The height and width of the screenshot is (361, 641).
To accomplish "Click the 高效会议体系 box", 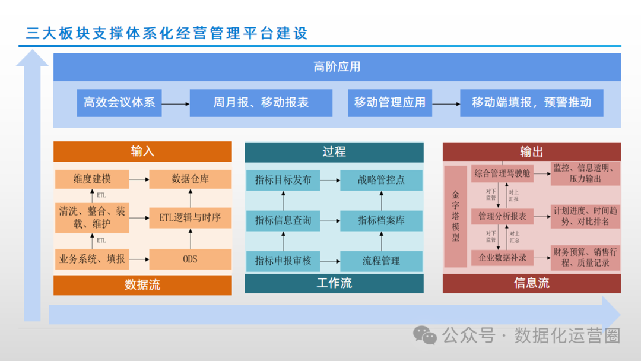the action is (x=119, y=103).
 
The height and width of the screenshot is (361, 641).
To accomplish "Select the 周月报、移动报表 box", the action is (x=261, y=103).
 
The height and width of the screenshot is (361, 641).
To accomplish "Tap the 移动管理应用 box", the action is (x=390, y=103).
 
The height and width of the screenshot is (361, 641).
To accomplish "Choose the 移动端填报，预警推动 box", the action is (x=532, y=103).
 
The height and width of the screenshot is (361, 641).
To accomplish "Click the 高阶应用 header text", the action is (x=337, y=66).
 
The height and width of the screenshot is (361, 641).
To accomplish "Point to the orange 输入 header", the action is (x=142, y=151).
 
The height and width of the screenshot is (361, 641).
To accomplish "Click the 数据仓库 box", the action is (x=191, y=179).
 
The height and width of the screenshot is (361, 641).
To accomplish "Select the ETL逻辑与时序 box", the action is (x=191, y=218).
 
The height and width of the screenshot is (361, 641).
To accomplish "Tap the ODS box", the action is (x=191, y=259).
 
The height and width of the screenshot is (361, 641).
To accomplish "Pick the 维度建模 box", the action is (x=92, y=179).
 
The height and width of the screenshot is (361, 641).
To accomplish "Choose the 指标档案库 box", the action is (x=381, y=220).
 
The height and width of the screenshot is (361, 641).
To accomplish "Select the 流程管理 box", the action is (x=381, y=261).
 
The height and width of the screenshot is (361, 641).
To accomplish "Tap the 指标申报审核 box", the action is (x=283, y=261).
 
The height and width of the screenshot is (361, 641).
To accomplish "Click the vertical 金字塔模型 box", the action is (x=456, y=217).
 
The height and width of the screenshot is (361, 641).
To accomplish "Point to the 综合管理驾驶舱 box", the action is (x=502, y=174).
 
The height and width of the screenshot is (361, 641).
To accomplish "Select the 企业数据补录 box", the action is (x=502, y=258).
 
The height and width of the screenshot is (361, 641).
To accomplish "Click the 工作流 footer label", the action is (x=334, y=283).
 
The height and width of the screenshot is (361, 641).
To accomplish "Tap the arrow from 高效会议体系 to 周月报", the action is (x=176, y=103).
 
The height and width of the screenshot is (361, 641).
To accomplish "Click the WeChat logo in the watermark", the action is (x=425, y=335).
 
